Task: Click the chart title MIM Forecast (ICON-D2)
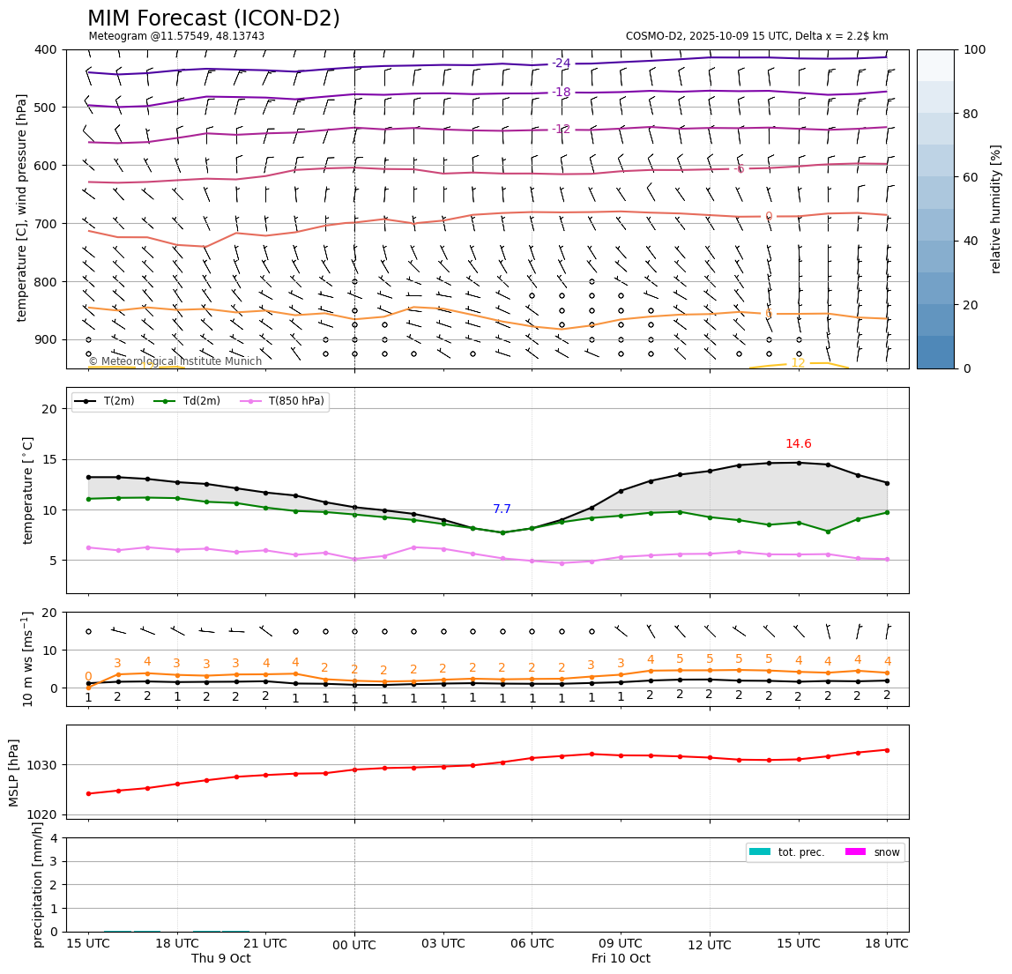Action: (213, 19)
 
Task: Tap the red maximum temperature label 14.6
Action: (798, 444)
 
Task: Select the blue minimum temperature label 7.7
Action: (502, 509)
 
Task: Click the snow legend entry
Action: (884, 852)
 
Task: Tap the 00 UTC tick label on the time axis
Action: (354, 946)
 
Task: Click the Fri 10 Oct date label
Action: (621, 959)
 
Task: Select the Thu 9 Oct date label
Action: (221, 959)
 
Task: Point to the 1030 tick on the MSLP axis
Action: (45, 765)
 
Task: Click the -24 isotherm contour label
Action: (562, 63)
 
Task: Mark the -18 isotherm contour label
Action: (562, 93)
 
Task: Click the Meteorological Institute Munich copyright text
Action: (175, 361)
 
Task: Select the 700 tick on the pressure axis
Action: (45, 224)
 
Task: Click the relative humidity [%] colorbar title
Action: (997, 209)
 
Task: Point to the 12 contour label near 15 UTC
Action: (797, 363)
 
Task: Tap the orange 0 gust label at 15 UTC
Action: (88, 676)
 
